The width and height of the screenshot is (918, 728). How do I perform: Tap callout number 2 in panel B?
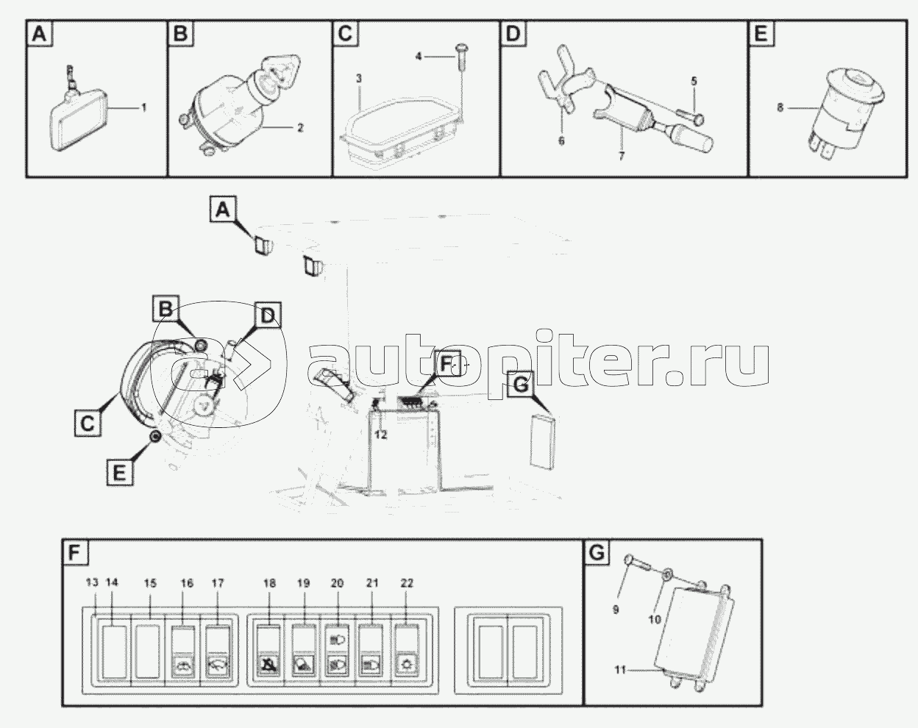pos(300,127)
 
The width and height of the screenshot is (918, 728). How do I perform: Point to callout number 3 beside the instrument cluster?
pos(359,79)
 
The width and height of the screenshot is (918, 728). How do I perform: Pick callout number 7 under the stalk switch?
pos(622,156)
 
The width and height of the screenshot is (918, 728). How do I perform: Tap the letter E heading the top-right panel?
pos(761,33)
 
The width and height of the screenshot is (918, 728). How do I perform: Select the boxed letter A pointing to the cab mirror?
pos(223,210)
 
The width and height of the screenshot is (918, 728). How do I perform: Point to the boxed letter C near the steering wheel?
pos(88,423)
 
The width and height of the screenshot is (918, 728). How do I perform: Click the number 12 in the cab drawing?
pos(380,435)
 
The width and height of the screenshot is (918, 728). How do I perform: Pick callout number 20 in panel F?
pos(337,583)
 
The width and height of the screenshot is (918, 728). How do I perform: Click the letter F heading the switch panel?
pos(74,553)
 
